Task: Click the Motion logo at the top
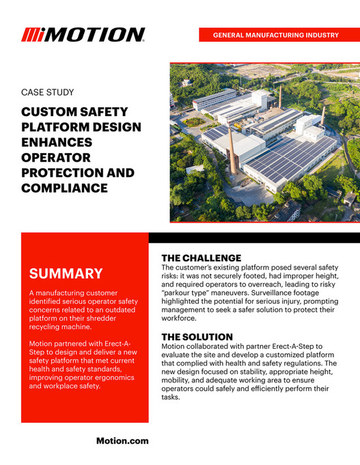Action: click(83, 34)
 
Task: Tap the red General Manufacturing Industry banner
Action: click(276, 34)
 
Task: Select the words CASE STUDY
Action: click(48, 92)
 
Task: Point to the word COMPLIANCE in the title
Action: click(64, 188)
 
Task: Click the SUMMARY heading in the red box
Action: click(66, 274)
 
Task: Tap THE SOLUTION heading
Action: click(197, 337)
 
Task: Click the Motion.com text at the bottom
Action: click(122, 441)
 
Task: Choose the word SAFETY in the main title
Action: click(101, 113)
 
